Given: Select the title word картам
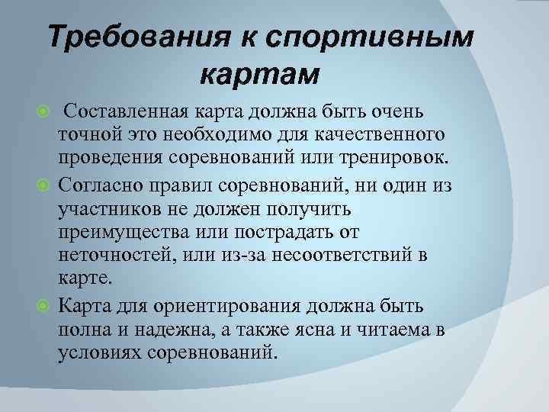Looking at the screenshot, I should [259, 75].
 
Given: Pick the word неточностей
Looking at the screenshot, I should [113, 253].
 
